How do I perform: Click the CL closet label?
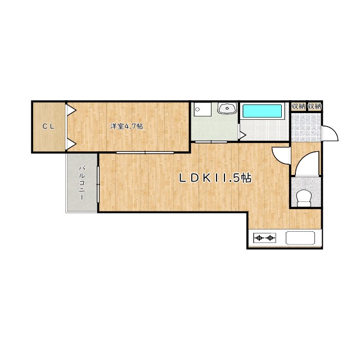tap(48, 126)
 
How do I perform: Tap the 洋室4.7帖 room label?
tap(127, 126)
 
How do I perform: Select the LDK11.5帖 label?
tap(215, 178)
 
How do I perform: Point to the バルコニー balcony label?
tap(82, 183)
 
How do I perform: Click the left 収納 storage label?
tap(298, 106)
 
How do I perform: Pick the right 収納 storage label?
tap(314, 106)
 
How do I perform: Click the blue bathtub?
tap(262, 111)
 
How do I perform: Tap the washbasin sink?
tap(227, 108)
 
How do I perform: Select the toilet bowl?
tap(304, 198)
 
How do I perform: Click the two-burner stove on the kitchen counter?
tap(264, 238)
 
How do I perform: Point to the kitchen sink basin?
tap(300, 238)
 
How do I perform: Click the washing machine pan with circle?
tap(202, 110)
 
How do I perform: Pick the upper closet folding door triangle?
tap(71, 110)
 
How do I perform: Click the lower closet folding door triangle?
tap(71, 145)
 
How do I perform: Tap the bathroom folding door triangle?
tap(242, 135)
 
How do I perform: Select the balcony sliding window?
tap(98, 184)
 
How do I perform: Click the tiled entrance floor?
tap(306, 128)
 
